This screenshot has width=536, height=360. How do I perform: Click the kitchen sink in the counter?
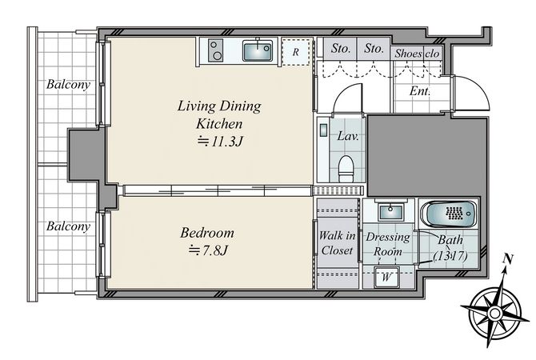coord(258,50)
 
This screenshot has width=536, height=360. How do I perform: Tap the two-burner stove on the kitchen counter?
coord(215,50)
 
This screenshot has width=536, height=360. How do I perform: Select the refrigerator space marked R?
coord(297,52)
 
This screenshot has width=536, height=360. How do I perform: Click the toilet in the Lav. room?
coord(346,168)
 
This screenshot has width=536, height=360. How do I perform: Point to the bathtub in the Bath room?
coord(449,214)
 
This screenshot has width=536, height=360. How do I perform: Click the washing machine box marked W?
coord(386,277)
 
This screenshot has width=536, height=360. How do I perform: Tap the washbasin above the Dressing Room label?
coord(389,211)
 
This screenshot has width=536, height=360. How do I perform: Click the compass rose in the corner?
coord(494,312)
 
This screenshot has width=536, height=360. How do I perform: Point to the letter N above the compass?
coord(508,259)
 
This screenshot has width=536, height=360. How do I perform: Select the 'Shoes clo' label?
coord(417,54)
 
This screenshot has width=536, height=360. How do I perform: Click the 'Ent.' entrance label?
coord(420,91)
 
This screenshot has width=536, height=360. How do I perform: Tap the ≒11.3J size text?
coord(221,141)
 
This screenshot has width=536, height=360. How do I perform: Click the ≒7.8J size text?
coord(208,250)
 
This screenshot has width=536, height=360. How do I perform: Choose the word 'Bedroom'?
coord(207,233)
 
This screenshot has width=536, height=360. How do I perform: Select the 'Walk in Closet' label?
coord(337,243)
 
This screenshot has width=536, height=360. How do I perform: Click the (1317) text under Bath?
coord(450,256)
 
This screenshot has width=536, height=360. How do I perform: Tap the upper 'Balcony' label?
coord(68,85)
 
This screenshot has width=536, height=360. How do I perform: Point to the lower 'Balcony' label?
coord(68,226)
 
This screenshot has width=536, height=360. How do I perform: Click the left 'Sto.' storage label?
coord(341,49)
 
